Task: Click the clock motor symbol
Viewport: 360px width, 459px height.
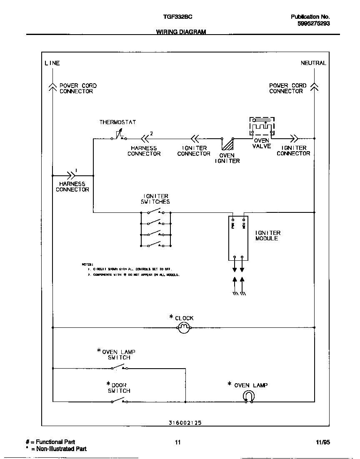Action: [184, 328]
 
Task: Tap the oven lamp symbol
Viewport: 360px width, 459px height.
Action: [249, 397]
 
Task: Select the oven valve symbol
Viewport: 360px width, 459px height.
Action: [262, 126]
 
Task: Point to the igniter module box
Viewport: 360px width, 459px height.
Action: [238, 238]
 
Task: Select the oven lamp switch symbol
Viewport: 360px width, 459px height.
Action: [120, 367]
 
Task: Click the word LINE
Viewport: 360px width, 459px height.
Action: [52, 63]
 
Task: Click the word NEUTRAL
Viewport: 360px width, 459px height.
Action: [313, 63]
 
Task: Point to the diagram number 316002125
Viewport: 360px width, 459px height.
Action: [185, 422]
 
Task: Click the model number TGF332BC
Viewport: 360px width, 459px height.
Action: [177, 17]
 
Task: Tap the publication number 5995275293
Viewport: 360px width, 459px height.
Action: [314, 24]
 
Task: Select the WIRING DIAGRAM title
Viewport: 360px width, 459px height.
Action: [181, 32]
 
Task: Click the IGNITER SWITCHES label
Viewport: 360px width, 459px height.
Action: [155, 199]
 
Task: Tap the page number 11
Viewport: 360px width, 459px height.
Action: [178, 442]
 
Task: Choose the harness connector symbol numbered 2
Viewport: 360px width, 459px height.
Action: [146, 138]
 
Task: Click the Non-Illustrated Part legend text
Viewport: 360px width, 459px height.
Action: [58, 449]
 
